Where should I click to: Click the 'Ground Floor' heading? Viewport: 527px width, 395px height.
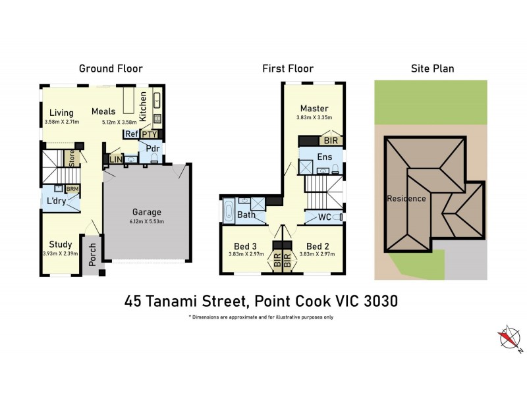[x=111, y=68]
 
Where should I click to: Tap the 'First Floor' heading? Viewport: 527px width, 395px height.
[x=287, y=68]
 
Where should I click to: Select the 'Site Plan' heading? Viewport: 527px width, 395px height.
[x=432, y=68]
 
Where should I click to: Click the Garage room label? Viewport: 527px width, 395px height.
[x=147, y=212]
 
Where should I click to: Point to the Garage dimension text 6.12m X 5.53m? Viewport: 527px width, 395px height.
[x=147, y=221]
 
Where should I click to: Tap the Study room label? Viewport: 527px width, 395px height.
[x=61, y=244]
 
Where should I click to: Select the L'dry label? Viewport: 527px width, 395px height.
[x=56, y=201]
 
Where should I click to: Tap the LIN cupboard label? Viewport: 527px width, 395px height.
[x=115, y=159]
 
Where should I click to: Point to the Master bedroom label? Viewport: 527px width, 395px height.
[x=314, y=109]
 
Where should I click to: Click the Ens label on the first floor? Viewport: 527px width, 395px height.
[x=324, y=157]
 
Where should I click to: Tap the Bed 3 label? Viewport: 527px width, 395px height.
[x=245, y=245]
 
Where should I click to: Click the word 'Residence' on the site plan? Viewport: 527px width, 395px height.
[x=406, y=198]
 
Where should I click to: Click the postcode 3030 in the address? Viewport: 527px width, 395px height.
[x=381, y=301]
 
